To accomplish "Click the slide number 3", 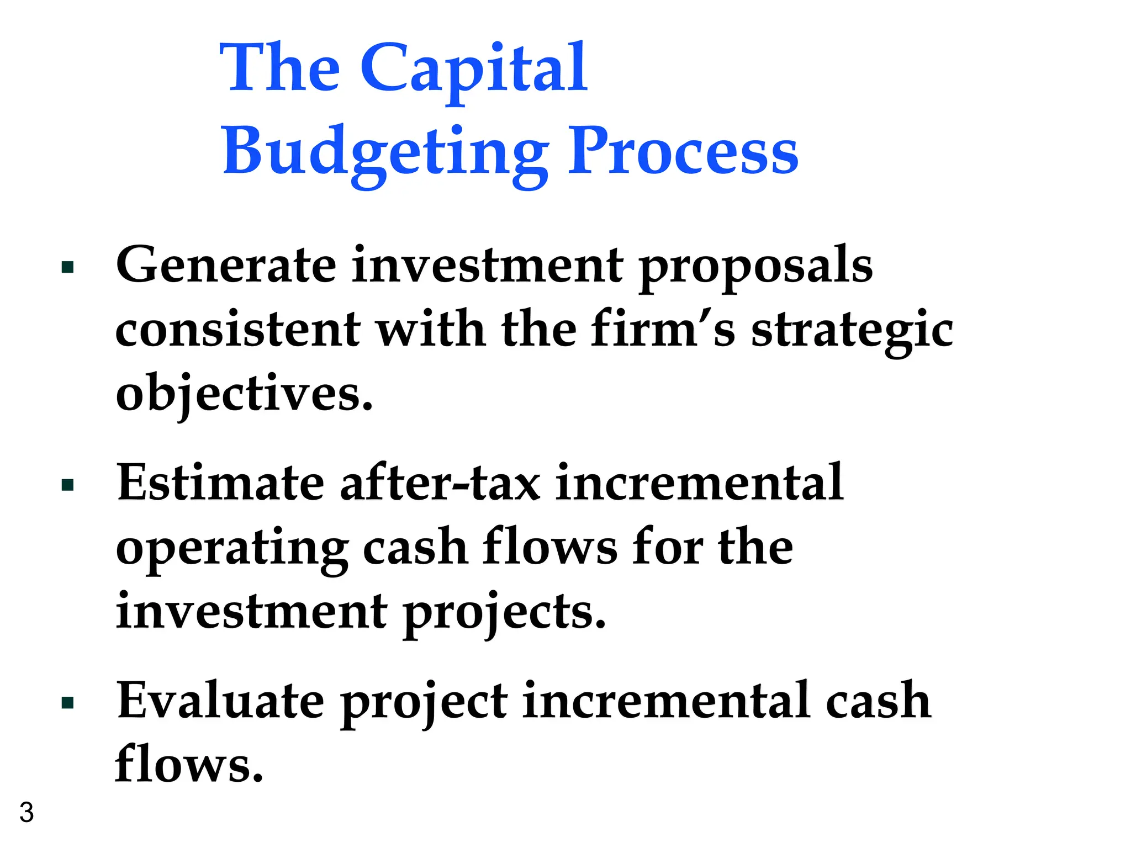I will tap(27, 813).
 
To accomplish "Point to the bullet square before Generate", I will tap(68, 268).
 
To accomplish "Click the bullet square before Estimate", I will tap(68, 486).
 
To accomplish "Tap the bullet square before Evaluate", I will tap(68, 703).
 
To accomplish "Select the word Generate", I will tap(226, 265).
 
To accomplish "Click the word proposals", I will tap(756, 267).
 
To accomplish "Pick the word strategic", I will tap(852, 331).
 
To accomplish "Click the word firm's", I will tap(663, 329).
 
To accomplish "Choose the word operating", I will tap(232, 549).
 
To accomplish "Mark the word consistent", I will tap(237, 330).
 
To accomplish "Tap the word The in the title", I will tap(280, 68).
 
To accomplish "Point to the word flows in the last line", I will tap(189, 764).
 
